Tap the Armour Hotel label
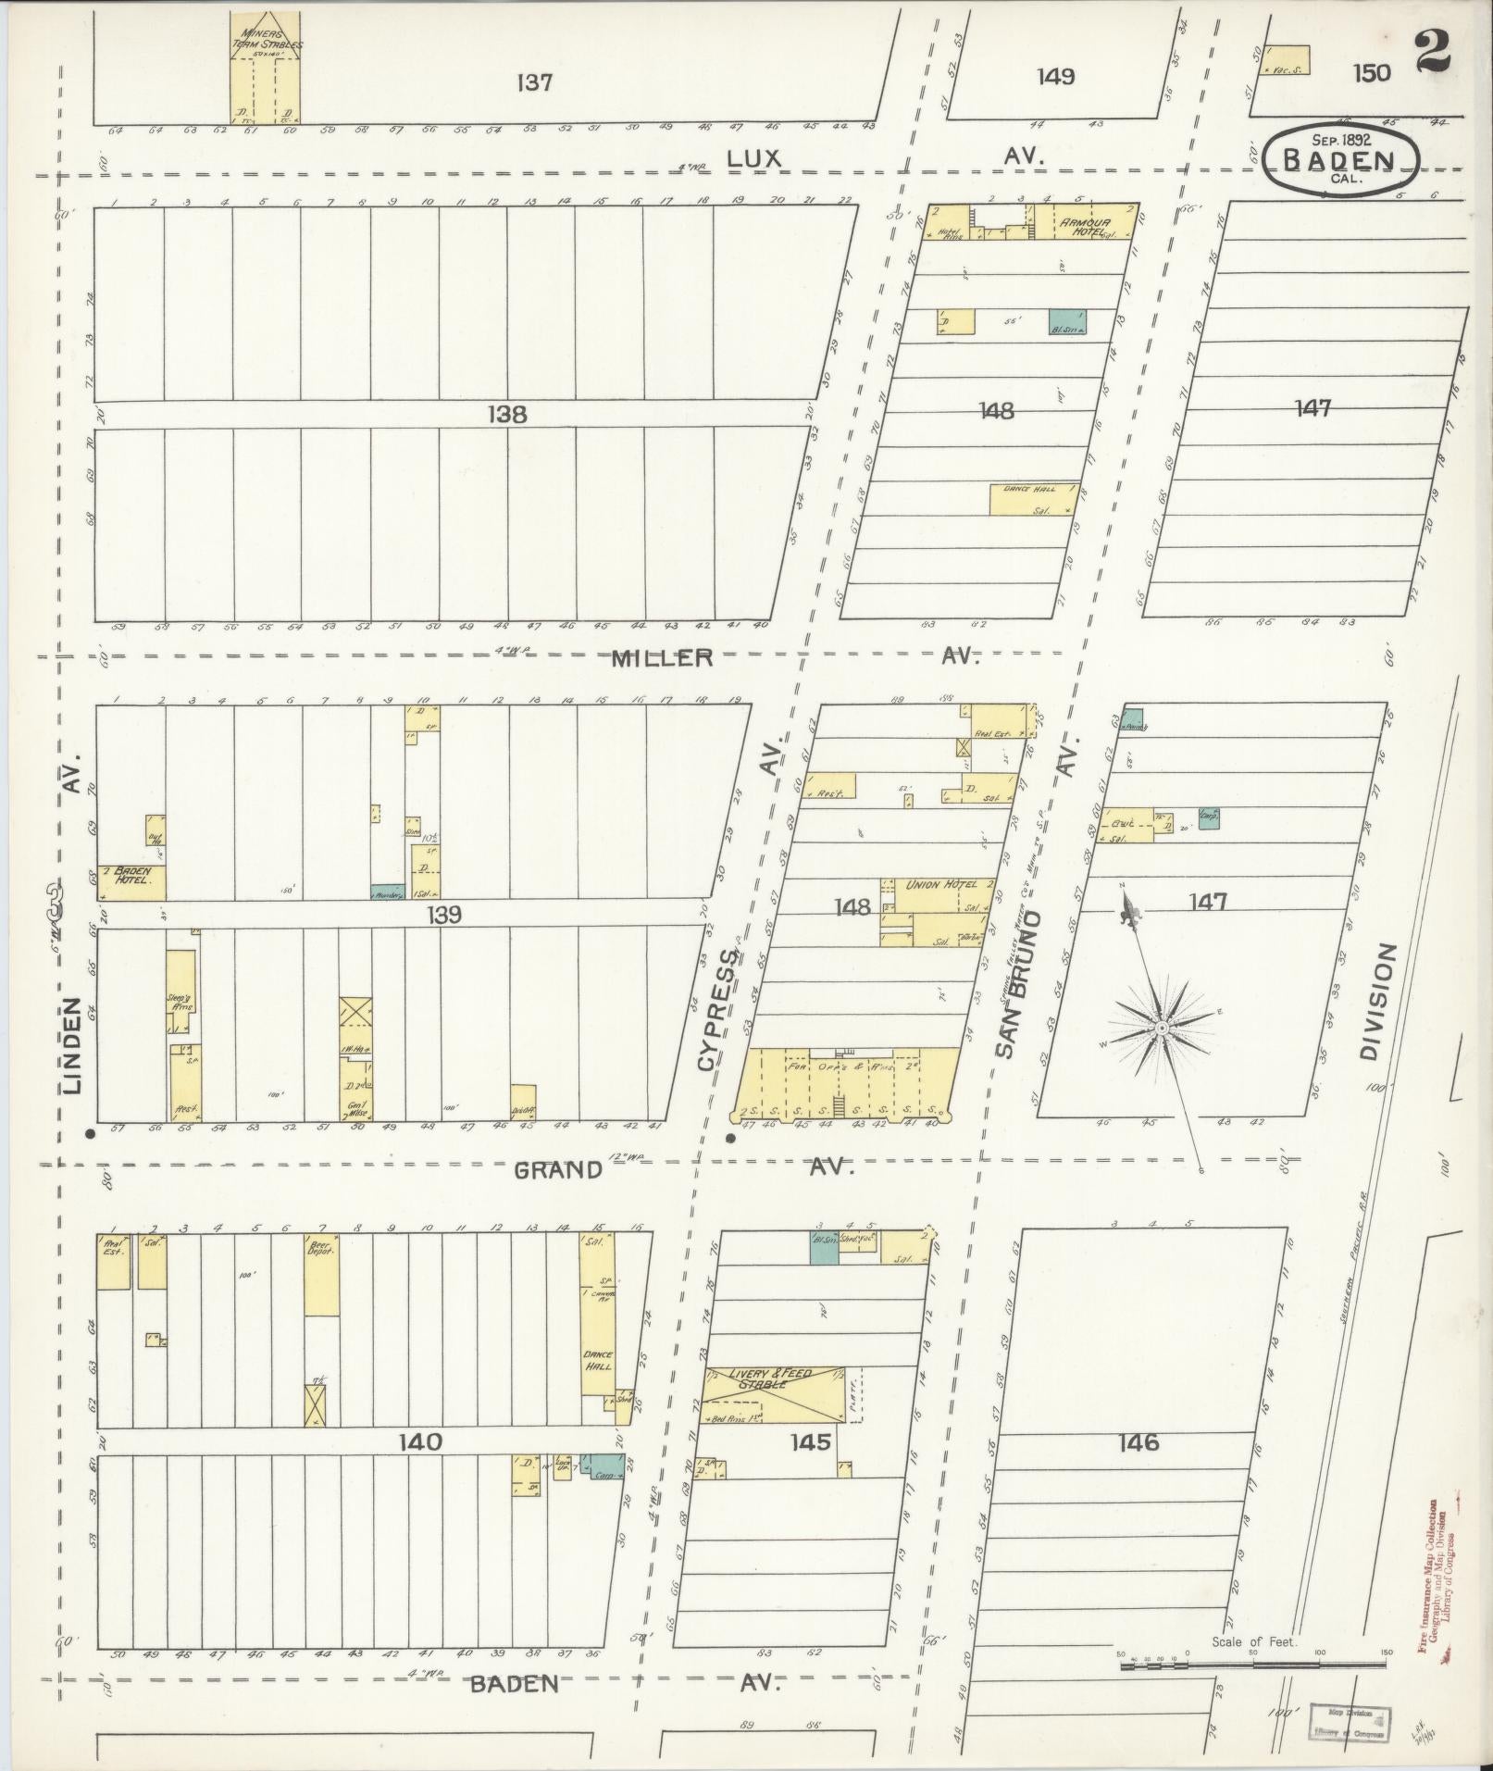click(x=1082, y=223)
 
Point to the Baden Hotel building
click(x=131, y=882)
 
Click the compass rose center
click(x=1160, y=1029)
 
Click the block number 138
click(x=507, y=415)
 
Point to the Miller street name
click(x=662, y=658)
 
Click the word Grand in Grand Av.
click(x=557, y=1170)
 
